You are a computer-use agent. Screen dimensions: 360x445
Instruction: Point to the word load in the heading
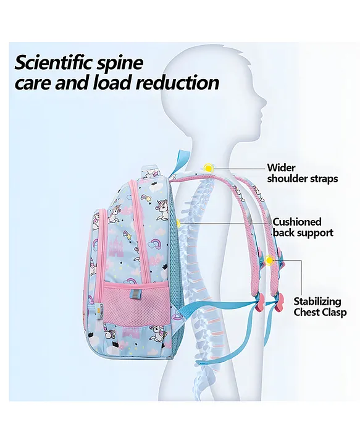[x=112, y=82]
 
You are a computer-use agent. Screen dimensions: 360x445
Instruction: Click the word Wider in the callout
[x=281, y=167]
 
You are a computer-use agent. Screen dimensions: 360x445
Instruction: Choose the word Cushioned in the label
[x=297, y=222]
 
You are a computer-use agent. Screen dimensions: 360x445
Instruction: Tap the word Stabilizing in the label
[x=317, y=302]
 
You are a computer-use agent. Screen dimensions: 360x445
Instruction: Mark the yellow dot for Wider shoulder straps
[x=209, y=168]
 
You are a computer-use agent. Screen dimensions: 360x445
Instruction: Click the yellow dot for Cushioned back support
[x=178, y=223]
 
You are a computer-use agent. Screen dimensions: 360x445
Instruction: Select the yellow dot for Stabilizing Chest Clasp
[x=269, y=260]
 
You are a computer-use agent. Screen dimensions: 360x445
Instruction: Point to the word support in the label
[x=315, y=234]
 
